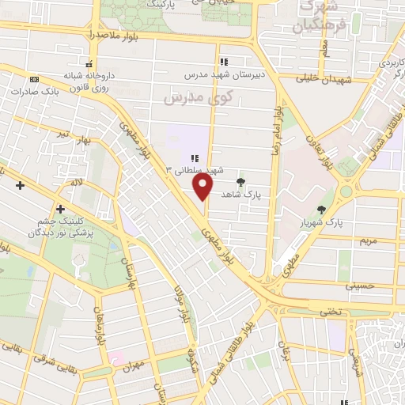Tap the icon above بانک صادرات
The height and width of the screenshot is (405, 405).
coord(34,79)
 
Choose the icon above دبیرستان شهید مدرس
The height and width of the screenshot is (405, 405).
coord(225,61)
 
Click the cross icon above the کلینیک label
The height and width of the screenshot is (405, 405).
coord(59,209)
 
